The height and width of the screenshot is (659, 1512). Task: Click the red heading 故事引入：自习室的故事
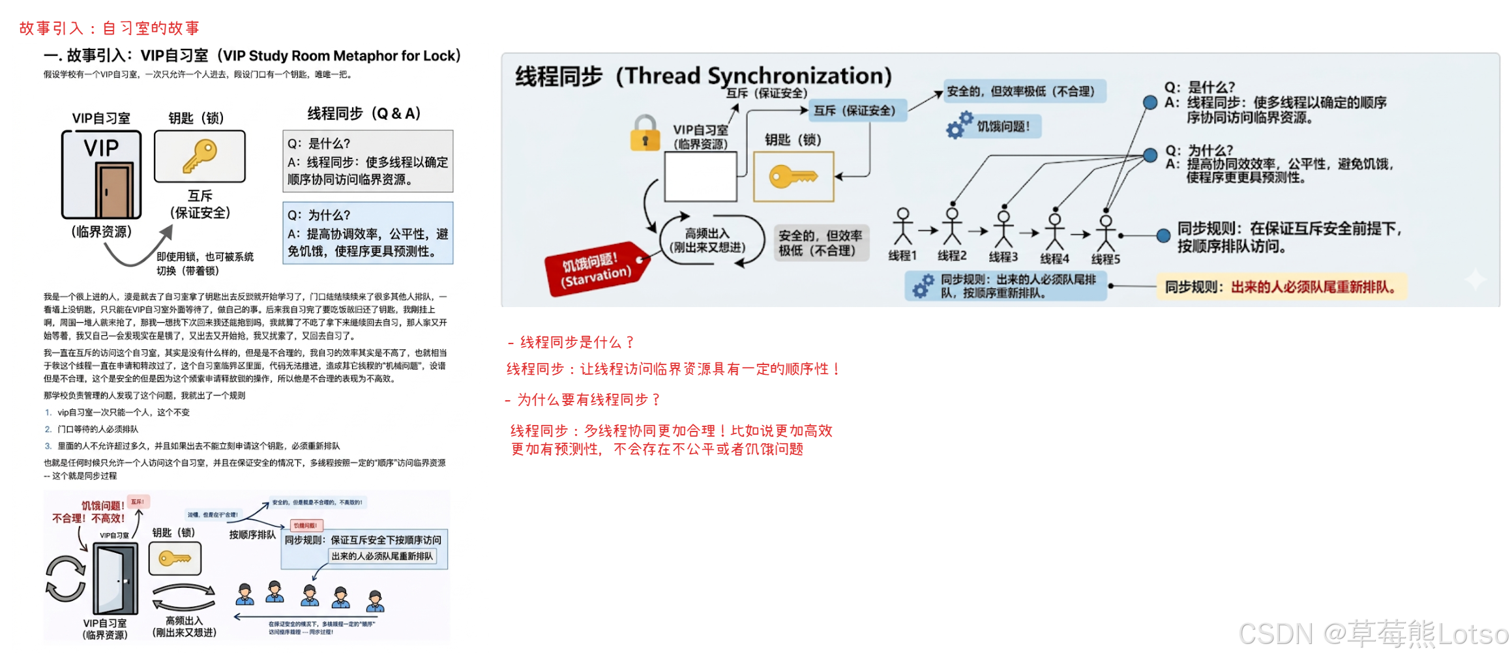click(110, 28)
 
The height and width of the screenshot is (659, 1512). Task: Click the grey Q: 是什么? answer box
click(368, 161)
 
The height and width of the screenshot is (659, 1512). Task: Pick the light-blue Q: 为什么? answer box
click(368, 233)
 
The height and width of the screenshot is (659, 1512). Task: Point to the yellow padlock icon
click(644, 133)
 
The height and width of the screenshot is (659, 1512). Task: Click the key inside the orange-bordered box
click(793, 176)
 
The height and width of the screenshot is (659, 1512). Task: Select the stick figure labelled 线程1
click(902, 227)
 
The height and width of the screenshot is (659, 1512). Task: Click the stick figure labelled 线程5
click(1105, 229)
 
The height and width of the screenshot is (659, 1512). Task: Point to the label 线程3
click(1003, 257)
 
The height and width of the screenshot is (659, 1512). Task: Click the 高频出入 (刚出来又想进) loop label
click(707, 241)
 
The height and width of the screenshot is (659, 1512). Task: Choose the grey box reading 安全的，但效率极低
click(820, 242)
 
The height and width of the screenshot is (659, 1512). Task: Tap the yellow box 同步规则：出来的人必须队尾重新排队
click(1281, 287)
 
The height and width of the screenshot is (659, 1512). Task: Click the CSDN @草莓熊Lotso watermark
click(1372, 634)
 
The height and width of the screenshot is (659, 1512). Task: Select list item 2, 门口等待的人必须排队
click(98, 429)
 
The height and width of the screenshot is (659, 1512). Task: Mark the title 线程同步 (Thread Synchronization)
click(703, 76)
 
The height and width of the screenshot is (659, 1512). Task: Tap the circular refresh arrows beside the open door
click(65, 578)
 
